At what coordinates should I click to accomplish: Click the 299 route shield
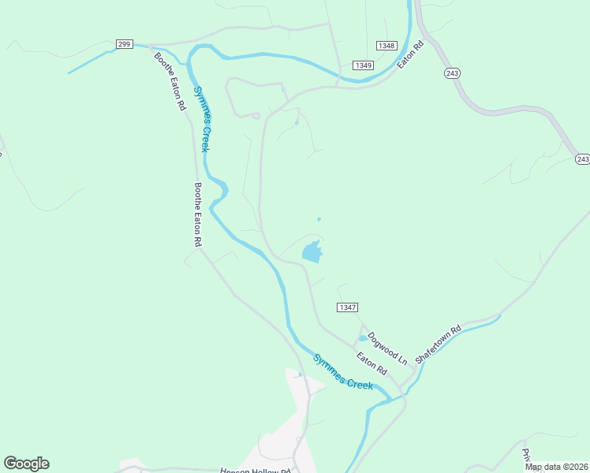point(124,44)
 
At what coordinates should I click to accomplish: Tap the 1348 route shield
point(386,46)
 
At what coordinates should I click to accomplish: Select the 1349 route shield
point(363,65)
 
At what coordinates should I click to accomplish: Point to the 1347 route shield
point(347,307)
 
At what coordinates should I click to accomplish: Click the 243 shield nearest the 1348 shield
point(451,73)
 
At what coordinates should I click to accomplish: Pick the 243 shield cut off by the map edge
point(582,159)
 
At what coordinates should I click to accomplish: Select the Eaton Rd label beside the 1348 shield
point(410,54)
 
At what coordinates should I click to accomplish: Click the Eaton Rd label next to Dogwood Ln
point(371,363)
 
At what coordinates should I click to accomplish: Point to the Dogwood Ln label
point(387,348)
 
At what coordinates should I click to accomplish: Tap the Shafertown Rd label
point(438,344)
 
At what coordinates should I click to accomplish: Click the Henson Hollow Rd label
point(256,471)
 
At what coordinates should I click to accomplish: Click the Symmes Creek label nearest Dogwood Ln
point(342,372)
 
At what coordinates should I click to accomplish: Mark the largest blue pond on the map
point(312,252)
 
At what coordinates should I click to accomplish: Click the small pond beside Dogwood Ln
point(362,338)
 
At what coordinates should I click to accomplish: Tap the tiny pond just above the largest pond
point(319,219)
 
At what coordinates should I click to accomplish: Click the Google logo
point(26,464)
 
